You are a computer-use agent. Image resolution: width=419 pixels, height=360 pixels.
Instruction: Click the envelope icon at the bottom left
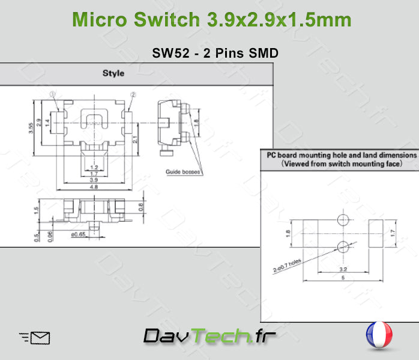point(35,338)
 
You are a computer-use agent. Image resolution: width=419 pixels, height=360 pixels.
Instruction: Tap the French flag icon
point(379,335)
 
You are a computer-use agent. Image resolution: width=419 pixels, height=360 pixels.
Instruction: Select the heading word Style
point(113,73)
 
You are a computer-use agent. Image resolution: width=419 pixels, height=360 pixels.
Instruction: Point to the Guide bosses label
point(183,172)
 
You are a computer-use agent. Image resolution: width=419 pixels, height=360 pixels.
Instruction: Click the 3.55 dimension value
point(31,127)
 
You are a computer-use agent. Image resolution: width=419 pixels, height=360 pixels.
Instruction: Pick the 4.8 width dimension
point(94,187)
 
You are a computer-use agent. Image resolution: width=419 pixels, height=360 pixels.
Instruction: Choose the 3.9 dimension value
point(94,180)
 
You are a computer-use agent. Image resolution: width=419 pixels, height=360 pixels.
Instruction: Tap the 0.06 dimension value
point(49,236)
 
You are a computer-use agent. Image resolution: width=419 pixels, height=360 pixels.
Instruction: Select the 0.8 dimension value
point(140,208)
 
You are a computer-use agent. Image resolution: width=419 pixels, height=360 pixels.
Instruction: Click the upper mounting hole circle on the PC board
point(343,219)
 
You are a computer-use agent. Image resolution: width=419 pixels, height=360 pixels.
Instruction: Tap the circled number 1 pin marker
point(53,94)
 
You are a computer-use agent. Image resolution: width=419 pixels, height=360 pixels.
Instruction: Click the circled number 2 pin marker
point(133,94)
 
